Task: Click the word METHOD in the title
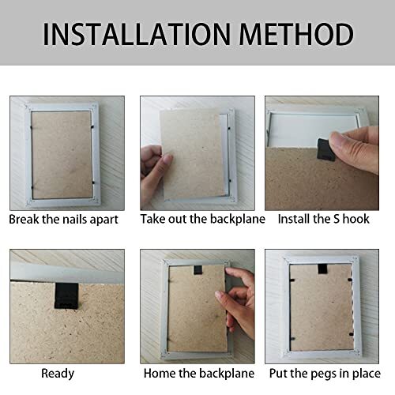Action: [296, 34]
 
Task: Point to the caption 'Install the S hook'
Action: [324, 217]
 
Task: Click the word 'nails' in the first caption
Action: [81, 217]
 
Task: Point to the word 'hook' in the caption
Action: [354, 217]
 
